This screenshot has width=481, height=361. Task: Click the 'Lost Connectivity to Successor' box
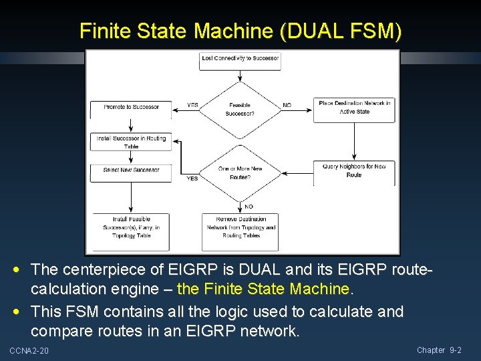pyautogui.click(x=240, y=59)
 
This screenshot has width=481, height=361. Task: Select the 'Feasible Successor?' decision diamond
pyautogui.click(x=240, y=110)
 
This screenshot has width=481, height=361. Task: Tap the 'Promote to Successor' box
pyautogui.click(x=132, y=108)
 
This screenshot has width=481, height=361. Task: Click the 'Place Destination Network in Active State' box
pyautogui.click(x=354, y=108)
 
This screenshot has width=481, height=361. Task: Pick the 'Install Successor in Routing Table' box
pyautogui.click(x=132, y=142)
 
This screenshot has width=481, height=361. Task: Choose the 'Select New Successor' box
pyautogui.click(x=132, y=171)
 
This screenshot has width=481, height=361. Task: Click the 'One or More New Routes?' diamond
pyautogui.click(x=240, y=172)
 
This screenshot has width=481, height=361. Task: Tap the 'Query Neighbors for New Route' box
pyautogui.click(x=354, y=170)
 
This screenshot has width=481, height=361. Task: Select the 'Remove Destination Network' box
pyautogui.click(x=240, y=227)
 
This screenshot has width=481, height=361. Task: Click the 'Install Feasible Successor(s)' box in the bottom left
pyautogui.click(x=132, y=227)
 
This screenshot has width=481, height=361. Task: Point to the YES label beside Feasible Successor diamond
pyautogui.click(x=192, y=105)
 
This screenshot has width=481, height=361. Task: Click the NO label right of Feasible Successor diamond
pyautogui.click(x=287, y=105)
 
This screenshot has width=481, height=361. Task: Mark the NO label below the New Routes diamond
pyautogui.click(x=249, y=207)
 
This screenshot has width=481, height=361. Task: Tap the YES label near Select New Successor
pyautogui.click(x=192, y=178)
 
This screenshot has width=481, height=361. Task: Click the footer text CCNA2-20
pyautogui.click(x=29, y=351)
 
